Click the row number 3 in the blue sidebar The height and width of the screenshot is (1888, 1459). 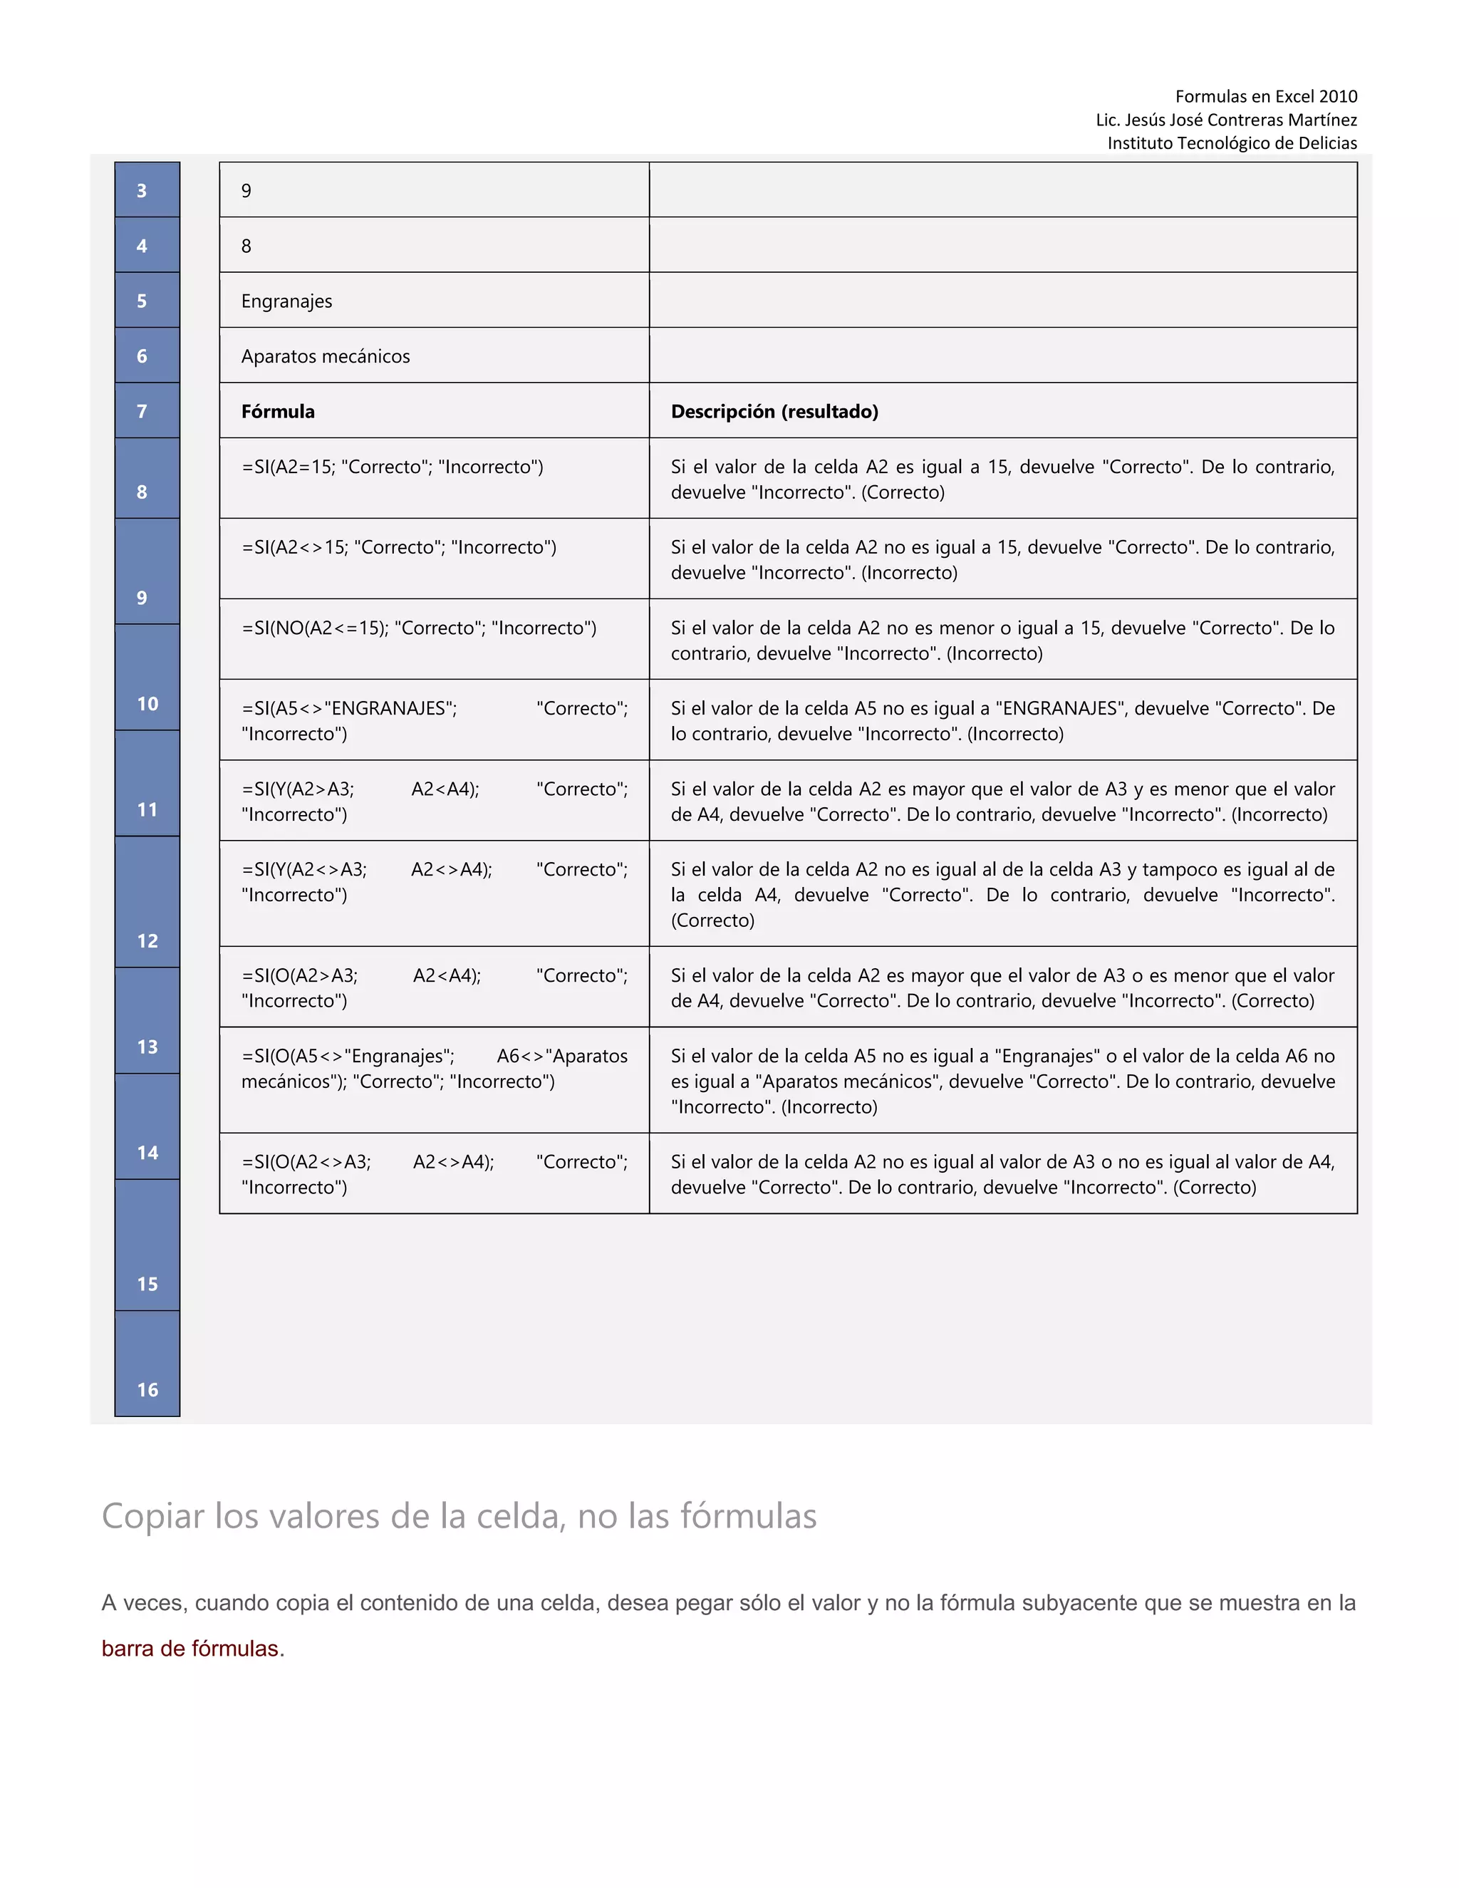142,191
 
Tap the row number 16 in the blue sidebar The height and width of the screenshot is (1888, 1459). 147,1389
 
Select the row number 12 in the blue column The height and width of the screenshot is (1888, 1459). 147,940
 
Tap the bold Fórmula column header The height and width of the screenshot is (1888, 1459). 279,412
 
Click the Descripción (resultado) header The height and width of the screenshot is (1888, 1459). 774,412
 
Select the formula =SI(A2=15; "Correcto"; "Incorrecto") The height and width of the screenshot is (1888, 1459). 393,467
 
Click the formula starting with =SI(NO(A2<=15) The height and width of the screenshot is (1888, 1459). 419,628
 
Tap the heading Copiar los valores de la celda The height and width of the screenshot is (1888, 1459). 459,1516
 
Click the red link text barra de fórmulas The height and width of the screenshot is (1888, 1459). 190,1649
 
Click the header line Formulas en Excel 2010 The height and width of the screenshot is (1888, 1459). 1265,96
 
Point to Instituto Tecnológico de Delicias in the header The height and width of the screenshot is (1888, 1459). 1232,142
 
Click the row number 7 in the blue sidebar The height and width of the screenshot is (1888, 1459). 142,412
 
